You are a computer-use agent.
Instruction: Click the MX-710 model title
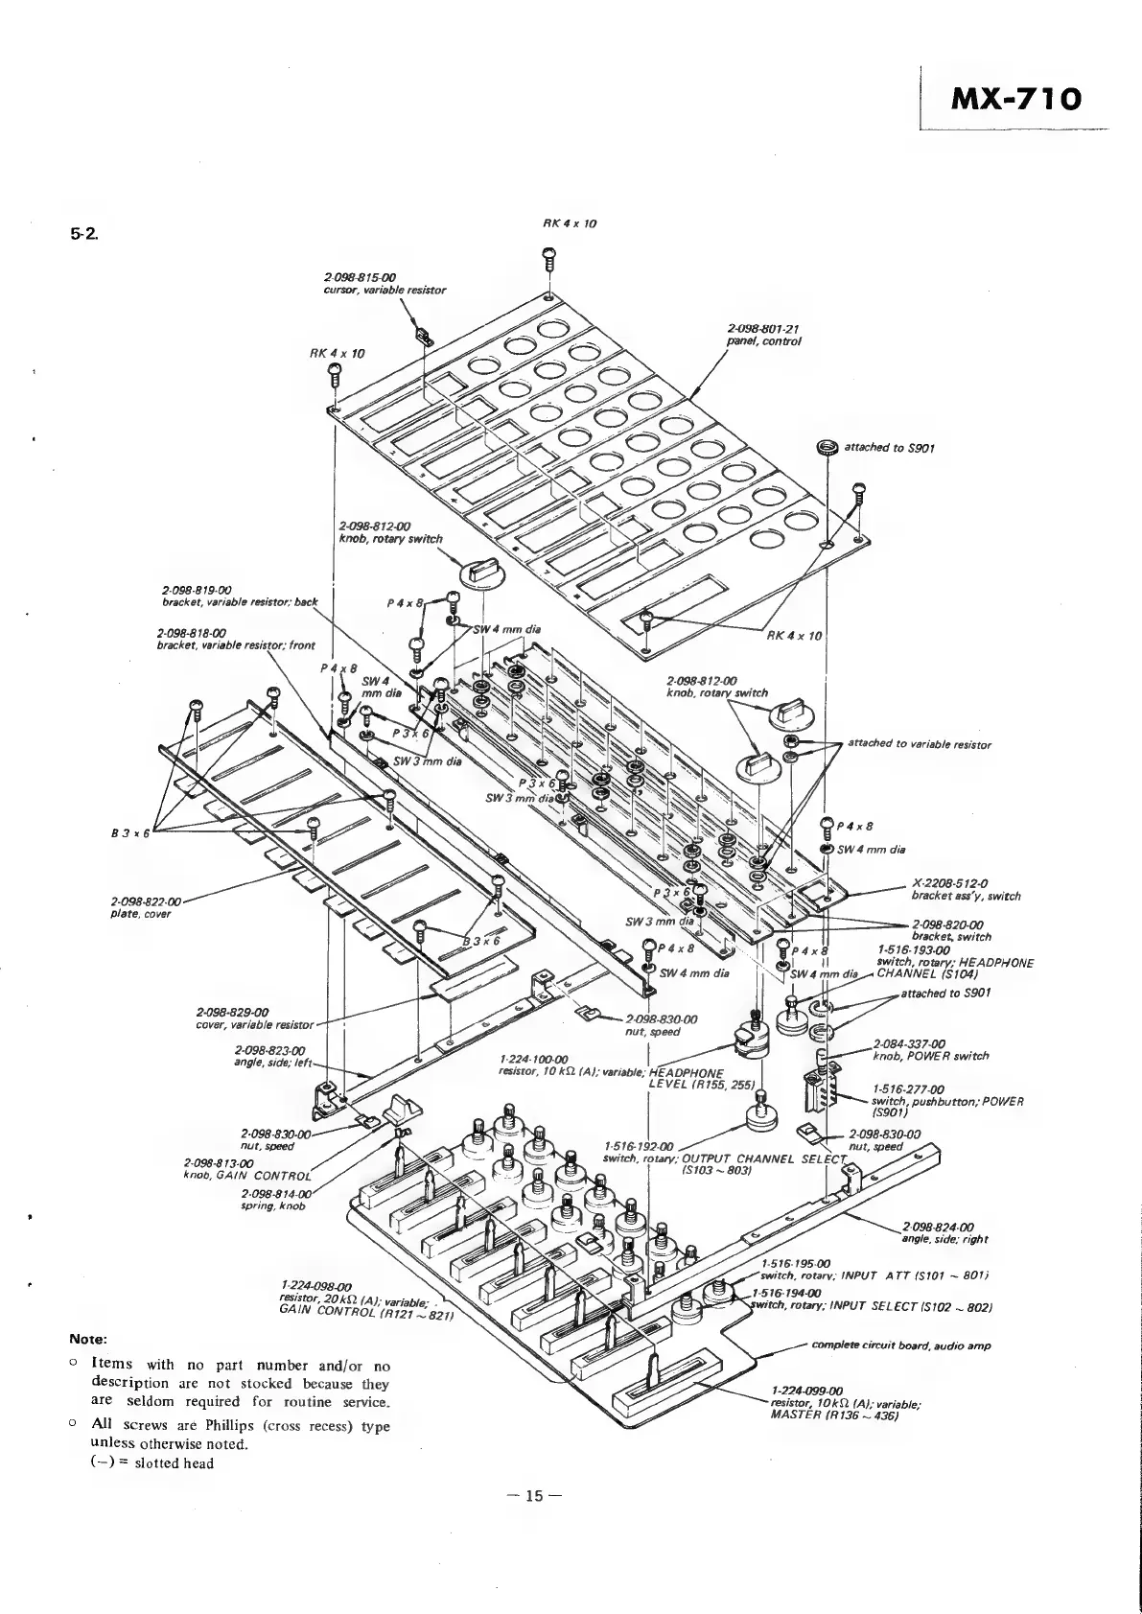point(1015,98)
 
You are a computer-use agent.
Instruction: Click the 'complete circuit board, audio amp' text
point(901,1345)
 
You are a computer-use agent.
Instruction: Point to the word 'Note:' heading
point(89,1339)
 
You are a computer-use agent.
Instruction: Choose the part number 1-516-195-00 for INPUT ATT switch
point(795,1263)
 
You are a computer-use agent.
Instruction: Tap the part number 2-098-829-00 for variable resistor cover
point(232,1012)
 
